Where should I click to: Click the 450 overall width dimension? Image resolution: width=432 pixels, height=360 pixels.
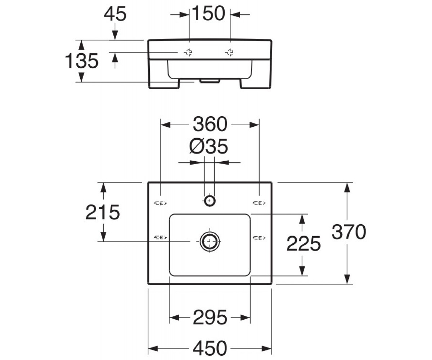210,348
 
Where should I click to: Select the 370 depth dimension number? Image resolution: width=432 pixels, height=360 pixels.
349,232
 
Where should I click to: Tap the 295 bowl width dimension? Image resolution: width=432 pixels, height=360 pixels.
210,317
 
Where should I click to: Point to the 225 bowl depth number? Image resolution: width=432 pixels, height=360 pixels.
303,244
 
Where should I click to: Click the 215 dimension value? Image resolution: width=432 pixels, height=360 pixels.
103,212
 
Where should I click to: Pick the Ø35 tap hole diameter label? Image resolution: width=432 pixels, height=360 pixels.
208,147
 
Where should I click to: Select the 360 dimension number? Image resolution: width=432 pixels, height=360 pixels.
210,124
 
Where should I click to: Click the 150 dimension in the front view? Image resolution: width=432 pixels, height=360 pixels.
208,13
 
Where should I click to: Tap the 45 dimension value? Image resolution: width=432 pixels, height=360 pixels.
115,14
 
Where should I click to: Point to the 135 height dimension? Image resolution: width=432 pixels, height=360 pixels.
82,61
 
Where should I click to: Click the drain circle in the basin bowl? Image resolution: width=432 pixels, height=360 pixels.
210,241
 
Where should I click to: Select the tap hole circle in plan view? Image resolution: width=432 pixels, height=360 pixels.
210,201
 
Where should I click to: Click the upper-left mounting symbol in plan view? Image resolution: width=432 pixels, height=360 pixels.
161,203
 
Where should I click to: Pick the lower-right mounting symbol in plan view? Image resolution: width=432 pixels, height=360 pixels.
259,238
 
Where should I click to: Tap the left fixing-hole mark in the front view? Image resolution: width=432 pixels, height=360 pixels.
188,53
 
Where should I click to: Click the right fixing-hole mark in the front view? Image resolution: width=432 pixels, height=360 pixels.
229,53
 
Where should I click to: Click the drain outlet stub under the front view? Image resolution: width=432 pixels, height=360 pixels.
210,81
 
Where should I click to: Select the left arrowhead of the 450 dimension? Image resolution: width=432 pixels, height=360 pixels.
153,348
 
